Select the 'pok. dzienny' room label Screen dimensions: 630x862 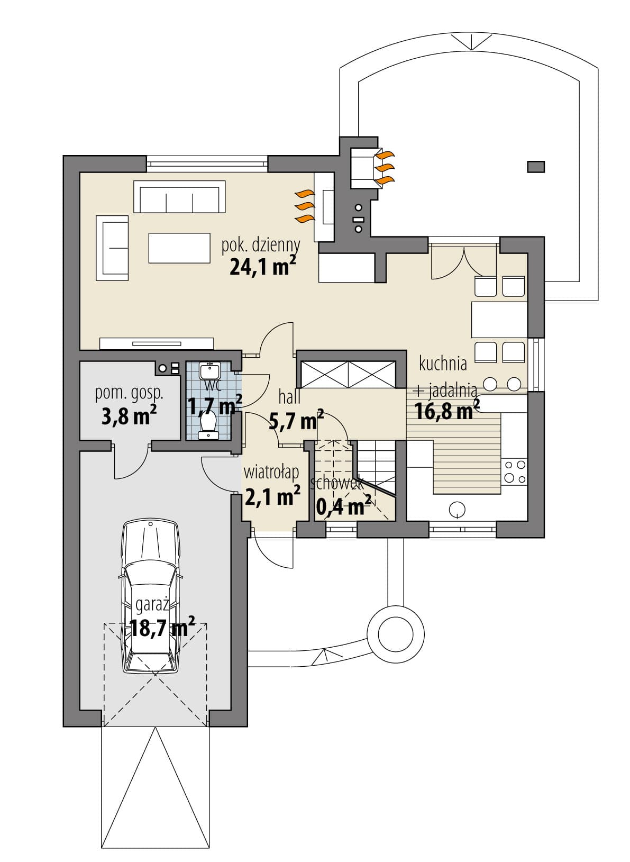[260, 245]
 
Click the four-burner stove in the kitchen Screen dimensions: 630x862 [514, 471]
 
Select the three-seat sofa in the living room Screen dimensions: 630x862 [179, 196]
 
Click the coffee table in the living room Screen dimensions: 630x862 [179, 248]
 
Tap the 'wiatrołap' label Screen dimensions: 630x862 [271, 473]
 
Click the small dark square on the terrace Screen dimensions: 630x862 [536, 167]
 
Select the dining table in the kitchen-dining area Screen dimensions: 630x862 [499, 320]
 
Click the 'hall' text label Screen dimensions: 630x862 [290, 397]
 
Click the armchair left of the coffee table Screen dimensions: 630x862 [112, 248]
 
